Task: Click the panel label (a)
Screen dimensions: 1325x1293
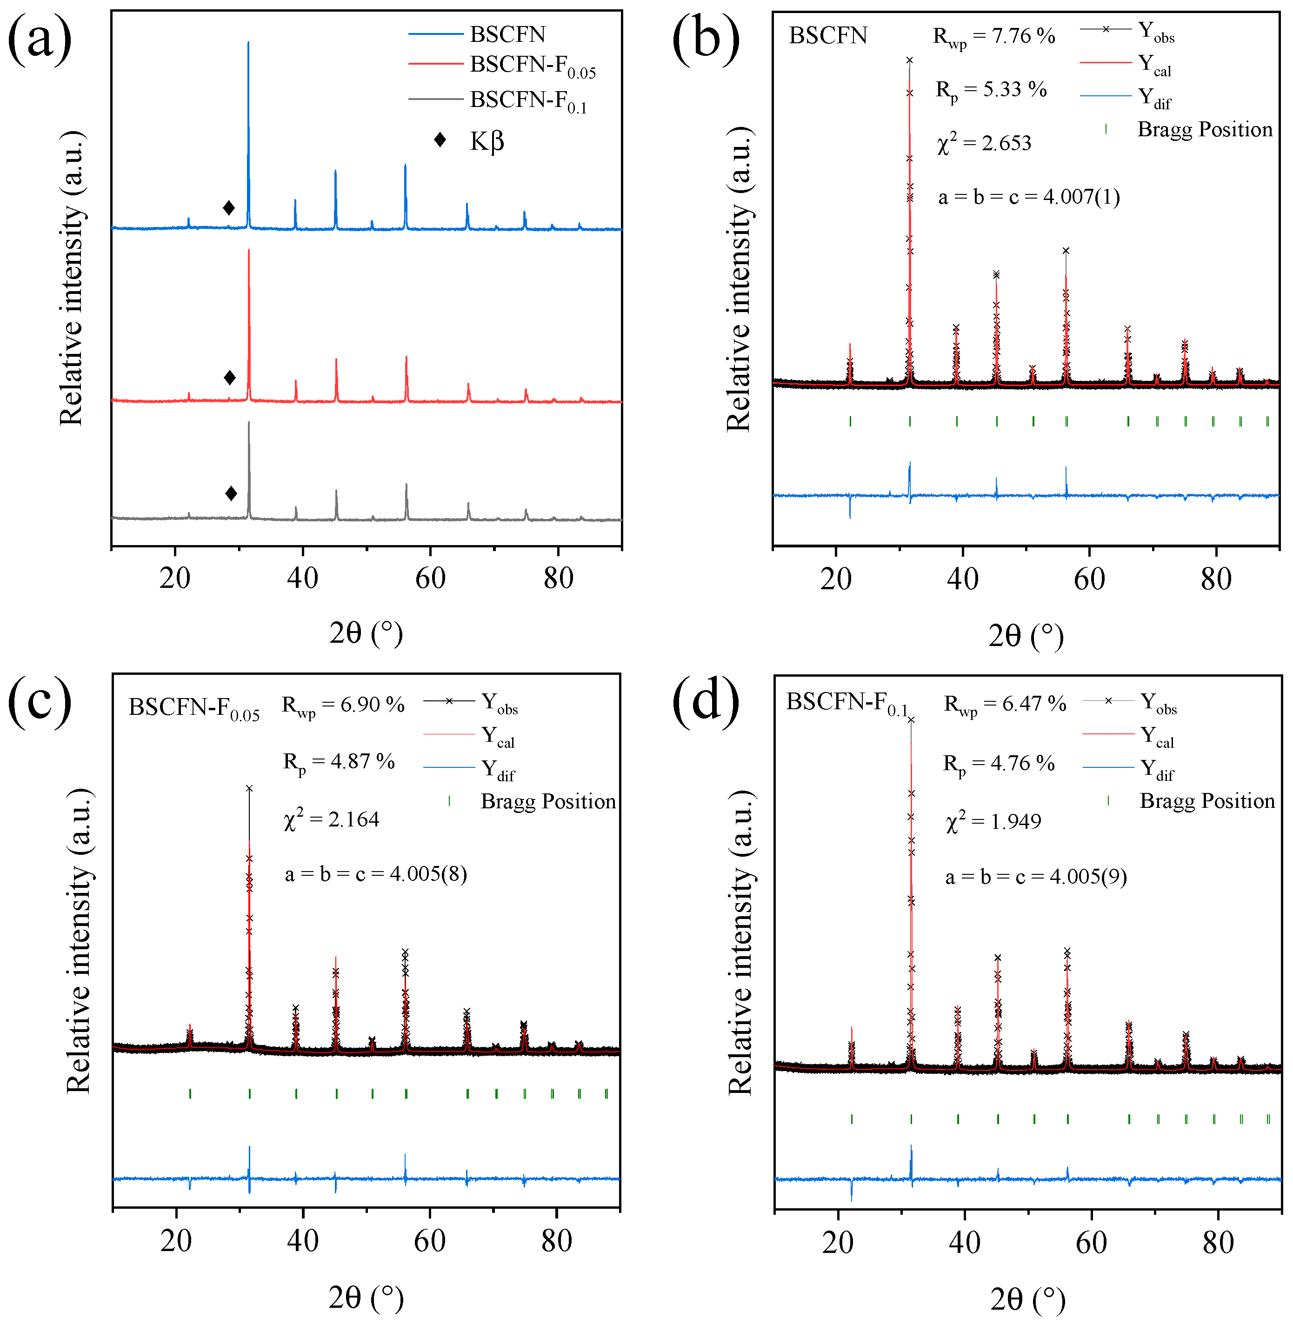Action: coord(40,40)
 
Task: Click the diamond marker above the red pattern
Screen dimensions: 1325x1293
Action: coord(230,378)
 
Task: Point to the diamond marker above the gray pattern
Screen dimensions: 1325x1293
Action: coord(231,493)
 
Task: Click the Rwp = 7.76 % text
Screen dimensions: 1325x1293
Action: coord(993,37)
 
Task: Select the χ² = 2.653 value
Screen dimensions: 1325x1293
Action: coord(984,143)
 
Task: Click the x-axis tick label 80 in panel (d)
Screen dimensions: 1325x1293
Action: coord(1218,1242)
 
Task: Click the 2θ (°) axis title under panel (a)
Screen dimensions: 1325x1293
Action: coord(366,633)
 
